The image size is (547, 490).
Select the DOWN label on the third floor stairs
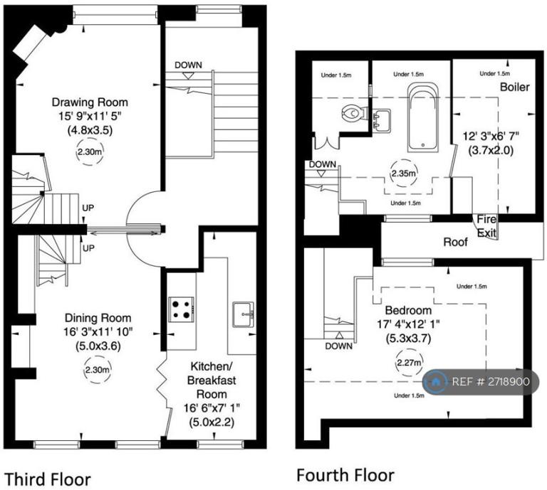pyautogui.click(x=188, y=65)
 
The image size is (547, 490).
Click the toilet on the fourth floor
pyautogui.click(x=353, y=113)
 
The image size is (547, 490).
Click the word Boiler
pyautogui.click(x=514, y=87)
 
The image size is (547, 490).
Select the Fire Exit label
pyautogui.click(x=488, y=225)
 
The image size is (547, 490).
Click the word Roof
pyautogui.click(x=455, y=242)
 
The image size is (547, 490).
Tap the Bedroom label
pyautogui.click(x=408, y=311)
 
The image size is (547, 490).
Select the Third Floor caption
pyautogui.click(x=48, y=478)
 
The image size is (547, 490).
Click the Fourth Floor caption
pyautogui.click(x=345, y=474)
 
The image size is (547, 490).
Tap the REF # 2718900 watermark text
pyautogui.click(x=491, y=382)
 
